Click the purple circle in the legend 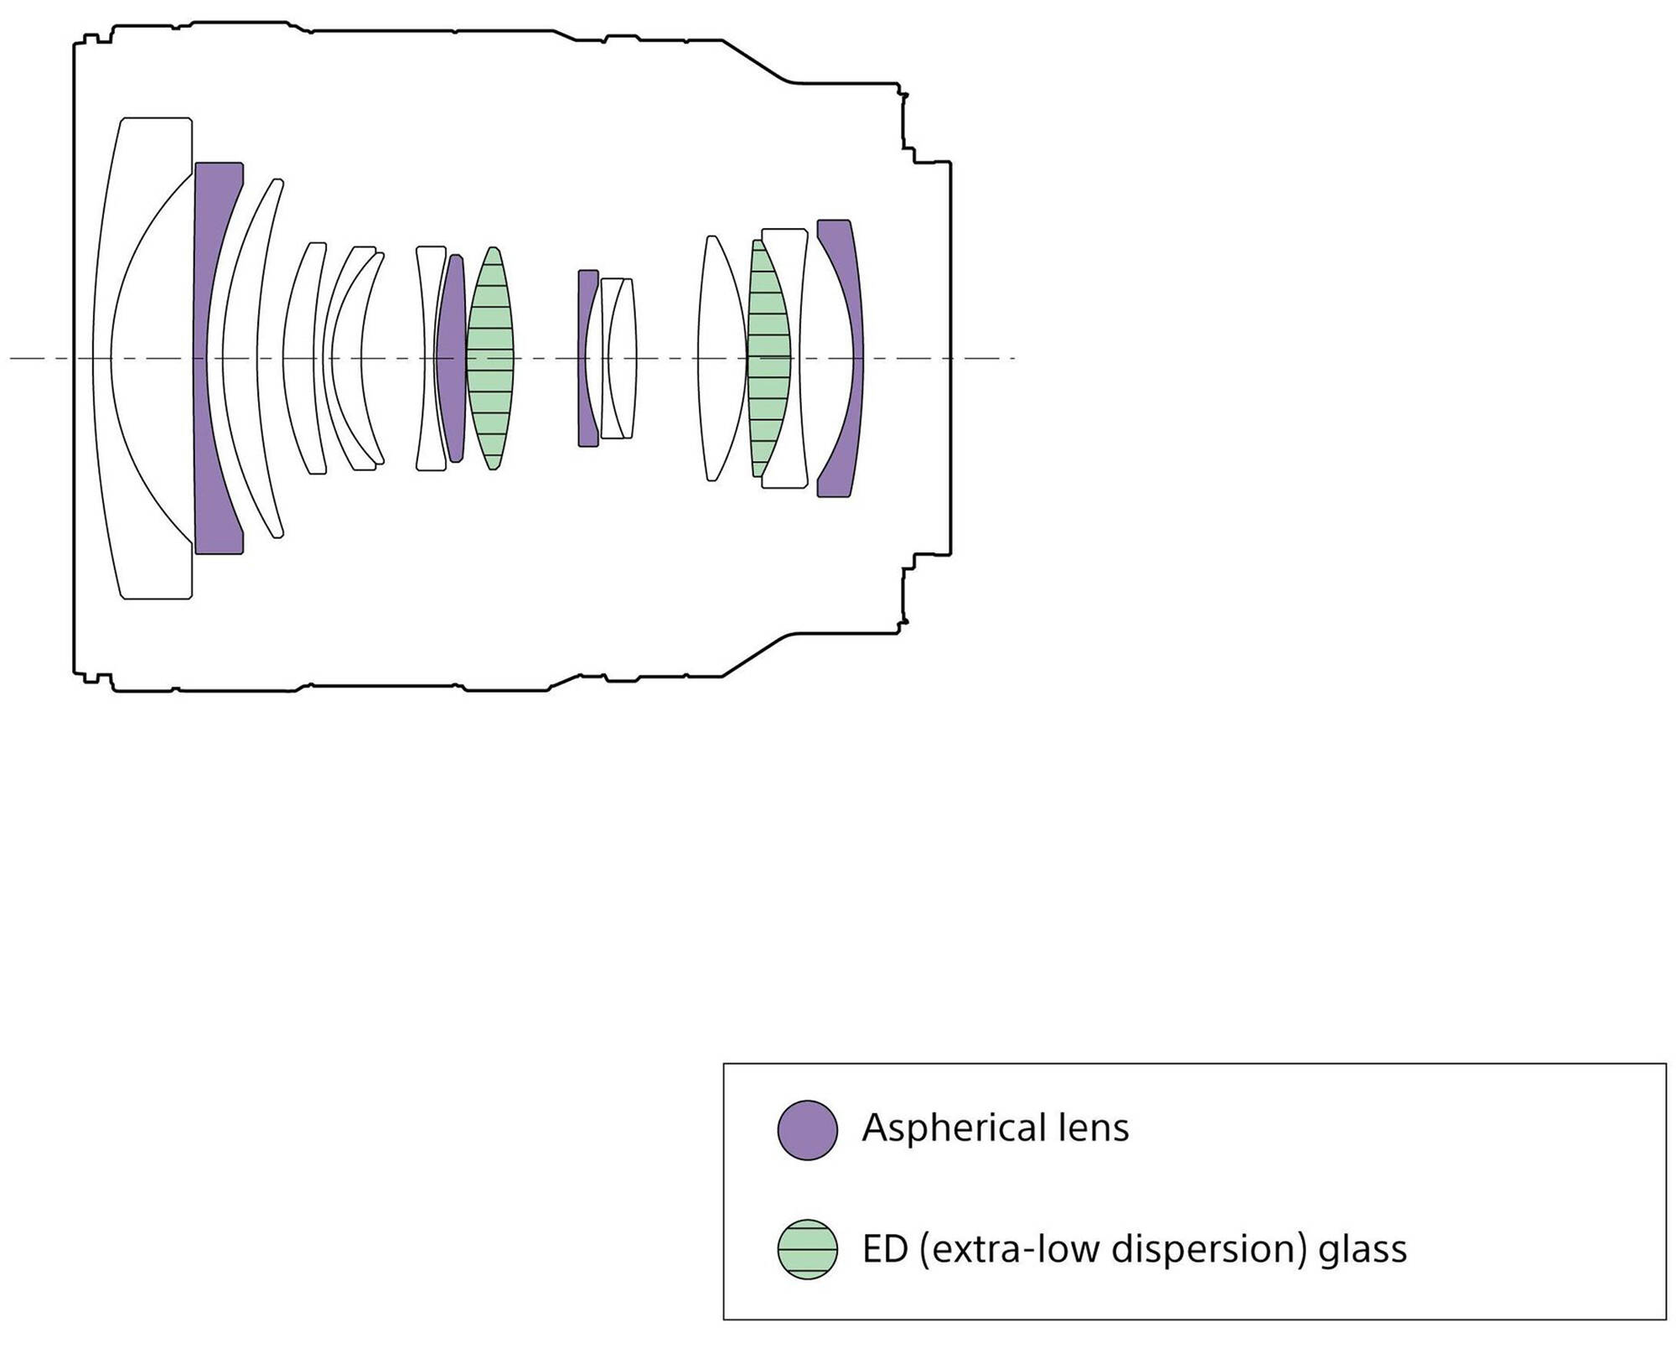pos(807,1130)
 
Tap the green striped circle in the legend pos(807,1248)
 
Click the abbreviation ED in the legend pos(885,1249)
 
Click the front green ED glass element pos(491,359)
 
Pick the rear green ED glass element pos(766,359)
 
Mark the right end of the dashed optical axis pos(1014,359)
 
